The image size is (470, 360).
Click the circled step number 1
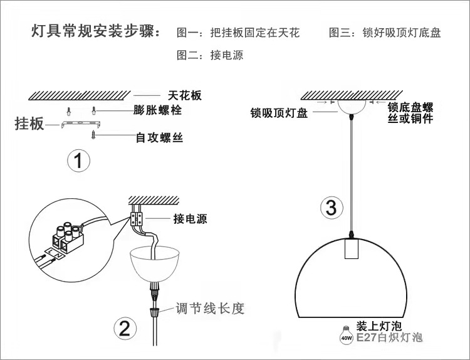(x=78, y=161)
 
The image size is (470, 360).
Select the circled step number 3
(x=332, y=207)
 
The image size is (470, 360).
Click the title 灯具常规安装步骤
(x=96, y=32)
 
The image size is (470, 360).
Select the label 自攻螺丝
(x=159, y=137)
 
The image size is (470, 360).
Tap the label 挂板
(x=29, y=124)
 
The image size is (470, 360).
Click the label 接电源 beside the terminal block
(x=190, y=219)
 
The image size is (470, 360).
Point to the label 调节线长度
(x=209, y=308)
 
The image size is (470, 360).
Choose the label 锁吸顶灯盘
(x=278, y=113)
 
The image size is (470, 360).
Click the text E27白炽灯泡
(x=389, y=338)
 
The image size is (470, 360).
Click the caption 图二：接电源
(x=210, y=55)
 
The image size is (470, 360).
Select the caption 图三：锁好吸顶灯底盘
(x=385, y=33)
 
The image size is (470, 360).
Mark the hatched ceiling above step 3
(x=352, y=94)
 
